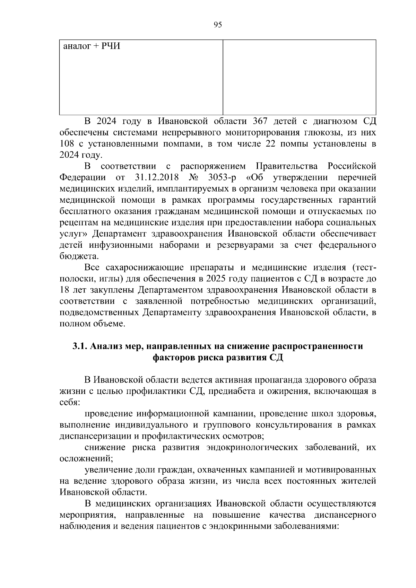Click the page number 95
point(218,25)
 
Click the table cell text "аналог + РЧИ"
point(92,46)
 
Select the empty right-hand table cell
point(299,77)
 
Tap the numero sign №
point(194,177)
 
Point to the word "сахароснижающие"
point(145,268)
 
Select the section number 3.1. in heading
point(80,346)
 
